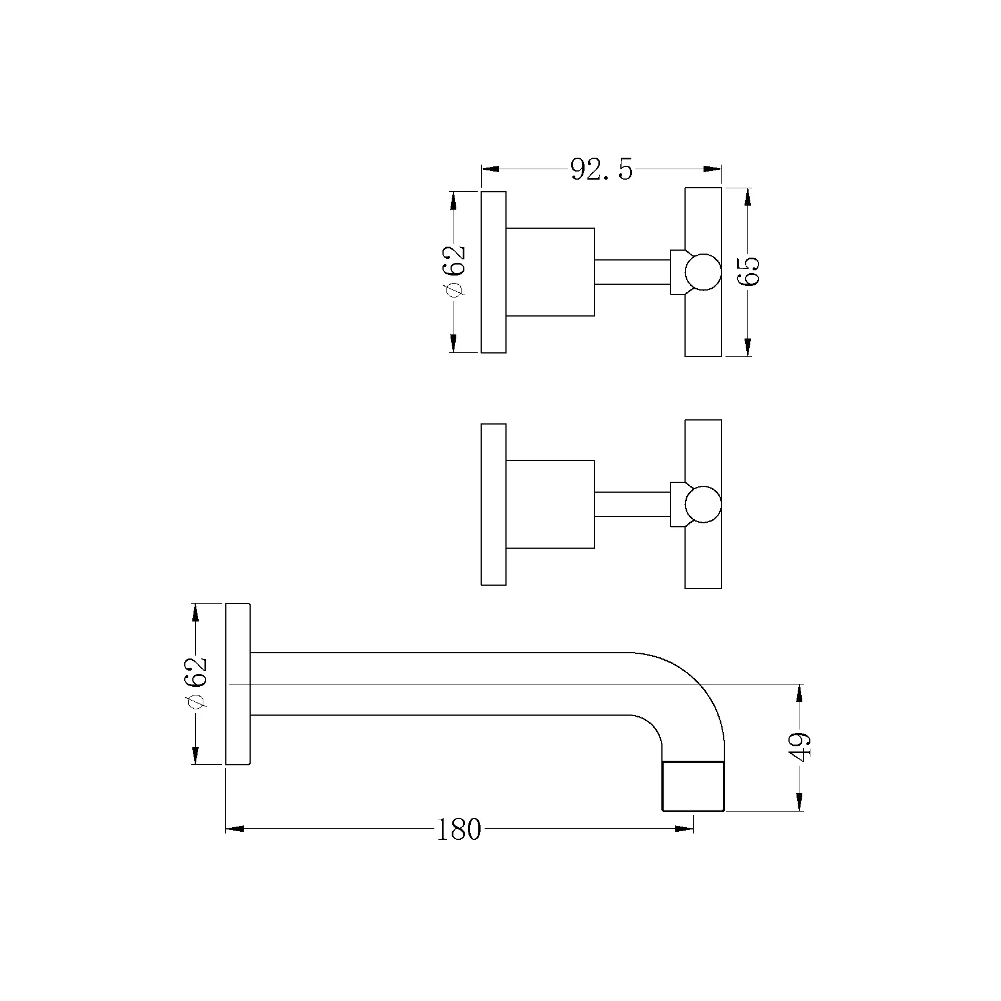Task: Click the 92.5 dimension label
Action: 601,170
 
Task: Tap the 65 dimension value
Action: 749,271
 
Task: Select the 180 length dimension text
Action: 458,830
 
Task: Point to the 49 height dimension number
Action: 801,747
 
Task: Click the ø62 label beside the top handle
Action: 453,271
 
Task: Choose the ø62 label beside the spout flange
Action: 196,684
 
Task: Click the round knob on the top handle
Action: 704,271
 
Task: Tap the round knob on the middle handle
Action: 704,504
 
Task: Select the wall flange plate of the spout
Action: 238,684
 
